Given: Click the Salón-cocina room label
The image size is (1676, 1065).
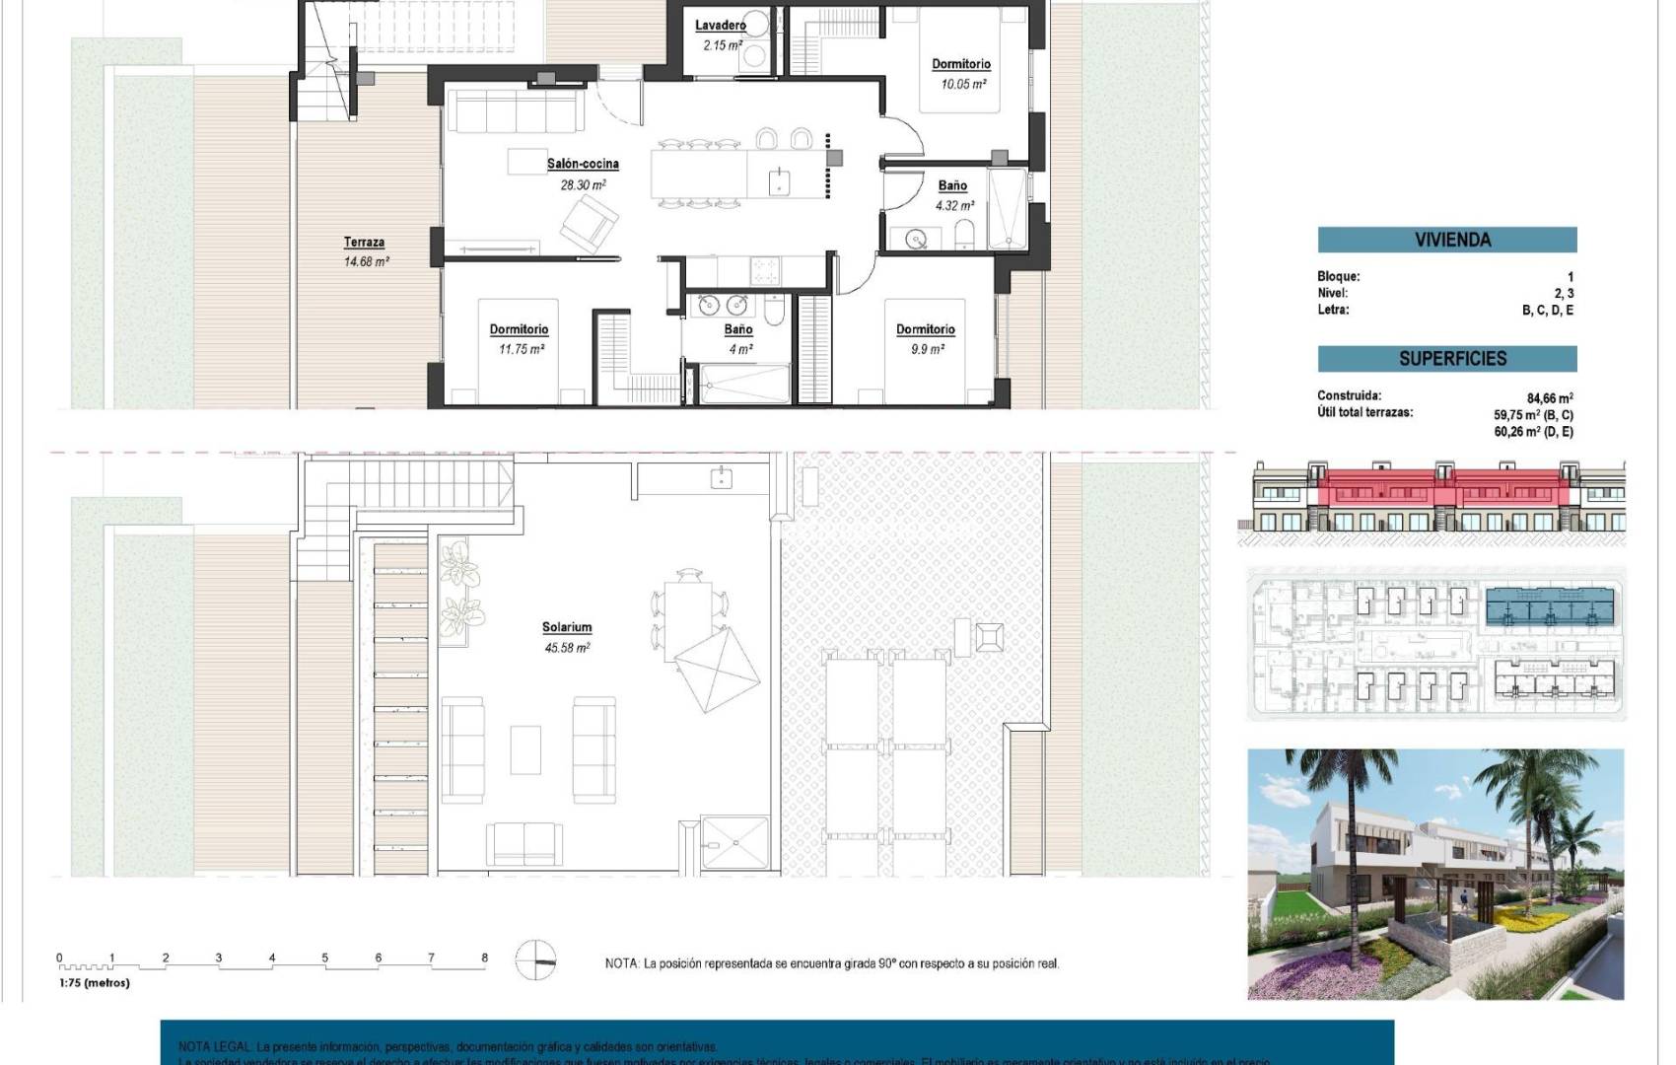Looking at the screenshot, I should [583, 164].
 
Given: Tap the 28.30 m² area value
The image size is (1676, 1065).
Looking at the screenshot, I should [583, 184].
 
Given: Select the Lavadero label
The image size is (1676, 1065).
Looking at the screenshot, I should [720, 26].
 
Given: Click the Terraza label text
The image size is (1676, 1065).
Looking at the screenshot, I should [364, 243].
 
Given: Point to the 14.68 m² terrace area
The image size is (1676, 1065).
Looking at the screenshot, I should [366, 262].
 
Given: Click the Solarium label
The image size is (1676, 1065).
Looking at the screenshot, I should [566, 627].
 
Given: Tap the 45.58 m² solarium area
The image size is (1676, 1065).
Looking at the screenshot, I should [566, 648].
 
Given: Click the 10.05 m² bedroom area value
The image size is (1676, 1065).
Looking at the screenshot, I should [962, 85].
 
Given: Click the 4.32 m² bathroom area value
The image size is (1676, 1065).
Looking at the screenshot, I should [953, 206].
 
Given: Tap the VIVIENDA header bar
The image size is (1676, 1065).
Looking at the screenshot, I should [1446, 240].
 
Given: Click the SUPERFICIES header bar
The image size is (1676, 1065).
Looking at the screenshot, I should [1446, 359].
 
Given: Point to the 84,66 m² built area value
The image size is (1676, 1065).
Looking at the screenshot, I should [1549, 399].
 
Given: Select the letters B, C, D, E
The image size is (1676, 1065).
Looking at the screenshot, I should [1547, 310].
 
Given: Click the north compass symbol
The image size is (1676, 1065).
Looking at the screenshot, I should [536, 958].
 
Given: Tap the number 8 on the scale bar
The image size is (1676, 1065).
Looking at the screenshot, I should [484, 958].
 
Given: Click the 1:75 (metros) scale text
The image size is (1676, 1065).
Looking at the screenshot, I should [95, 982].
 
